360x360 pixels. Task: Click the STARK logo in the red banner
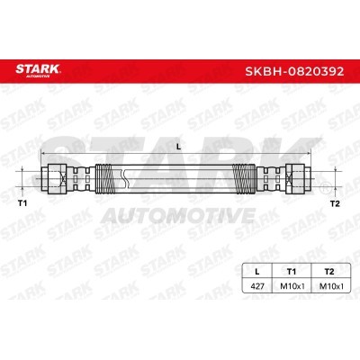coord(38,70)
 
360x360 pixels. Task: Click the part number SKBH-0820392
coord(294,71)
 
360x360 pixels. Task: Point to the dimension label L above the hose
coord(178,147)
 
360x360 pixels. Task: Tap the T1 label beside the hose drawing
coord(22,203)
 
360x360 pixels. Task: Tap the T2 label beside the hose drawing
coord(335,203)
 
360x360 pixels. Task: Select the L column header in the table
coord(256,272)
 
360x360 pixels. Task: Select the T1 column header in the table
coord(291,272)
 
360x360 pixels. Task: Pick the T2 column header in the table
coord(329,272)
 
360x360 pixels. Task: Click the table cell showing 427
coord(256,286)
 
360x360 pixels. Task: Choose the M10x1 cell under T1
coord(292,286)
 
